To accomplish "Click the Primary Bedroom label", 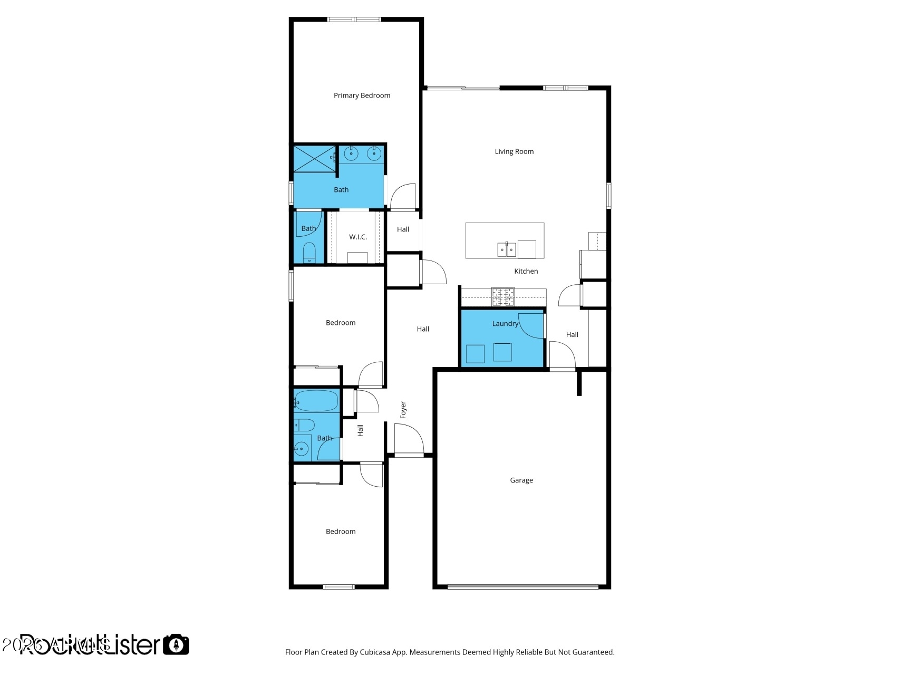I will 362,95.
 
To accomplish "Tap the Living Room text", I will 514,151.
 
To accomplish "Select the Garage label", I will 521,480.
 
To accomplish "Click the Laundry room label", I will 505,323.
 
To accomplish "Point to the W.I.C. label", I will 357,237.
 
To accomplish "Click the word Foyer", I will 403,410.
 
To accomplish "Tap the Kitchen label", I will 526,271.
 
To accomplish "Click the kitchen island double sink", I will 507,249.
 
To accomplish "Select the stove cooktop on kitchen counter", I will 502,296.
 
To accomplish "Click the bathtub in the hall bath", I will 316,401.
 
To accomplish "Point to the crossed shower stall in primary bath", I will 314,159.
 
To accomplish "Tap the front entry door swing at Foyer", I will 409,439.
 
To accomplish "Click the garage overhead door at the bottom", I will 522,586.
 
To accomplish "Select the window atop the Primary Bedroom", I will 354,20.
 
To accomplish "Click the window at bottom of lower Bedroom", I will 338,586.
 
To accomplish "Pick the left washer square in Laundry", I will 475,354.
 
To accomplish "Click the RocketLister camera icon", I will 176,644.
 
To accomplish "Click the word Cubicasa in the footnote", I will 374,652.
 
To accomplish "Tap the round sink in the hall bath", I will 301,449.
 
